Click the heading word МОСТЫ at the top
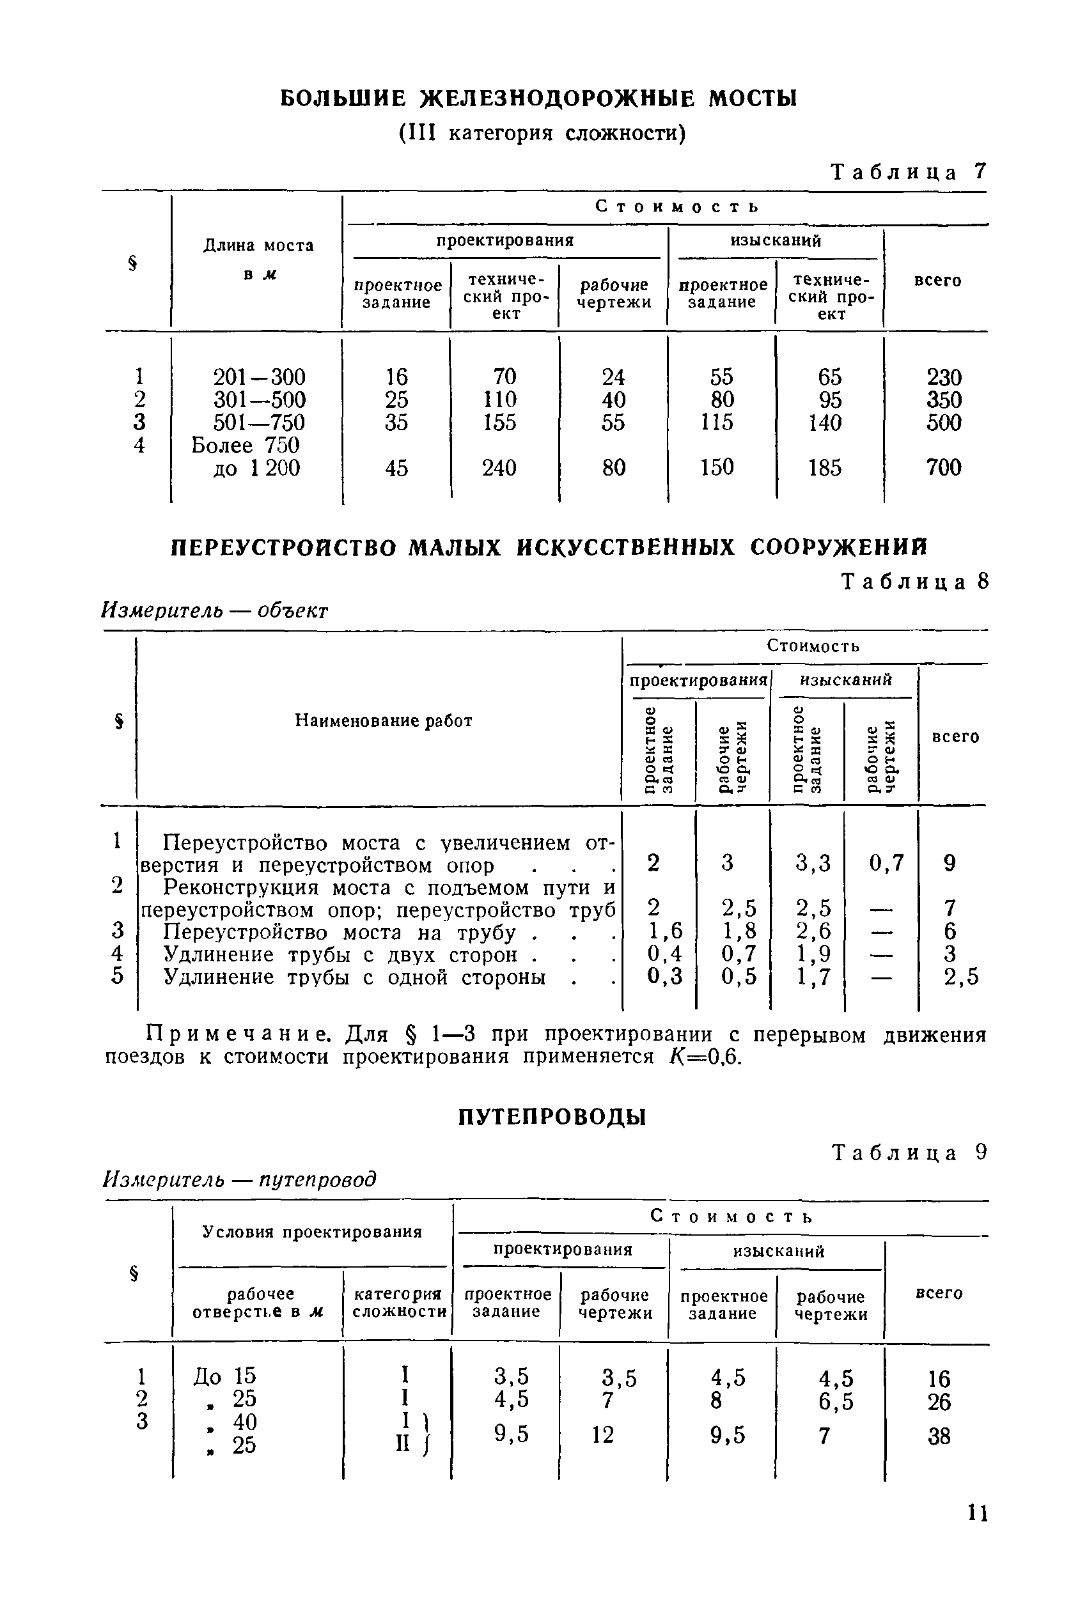(752, 98)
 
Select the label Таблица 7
(907, 172)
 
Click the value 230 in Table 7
(944, 377)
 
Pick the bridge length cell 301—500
(258, 400)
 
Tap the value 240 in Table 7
(499, 469)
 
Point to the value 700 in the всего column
(944, 468)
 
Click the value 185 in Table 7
(824, 469)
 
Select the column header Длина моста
(258, 245)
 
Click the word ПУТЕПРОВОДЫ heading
(552, 1117)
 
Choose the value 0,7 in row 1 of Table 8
(887, 863)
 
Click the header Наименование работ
(384, 720)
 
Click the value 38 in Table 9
(939, 1436)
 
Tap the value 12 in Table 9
(602, 1434)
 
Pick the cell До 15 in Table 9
(224, 1376)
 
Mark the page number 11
(978, 1532)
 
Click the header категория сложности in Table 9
(398, 1303)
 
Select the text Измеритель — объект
(214, 610)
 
